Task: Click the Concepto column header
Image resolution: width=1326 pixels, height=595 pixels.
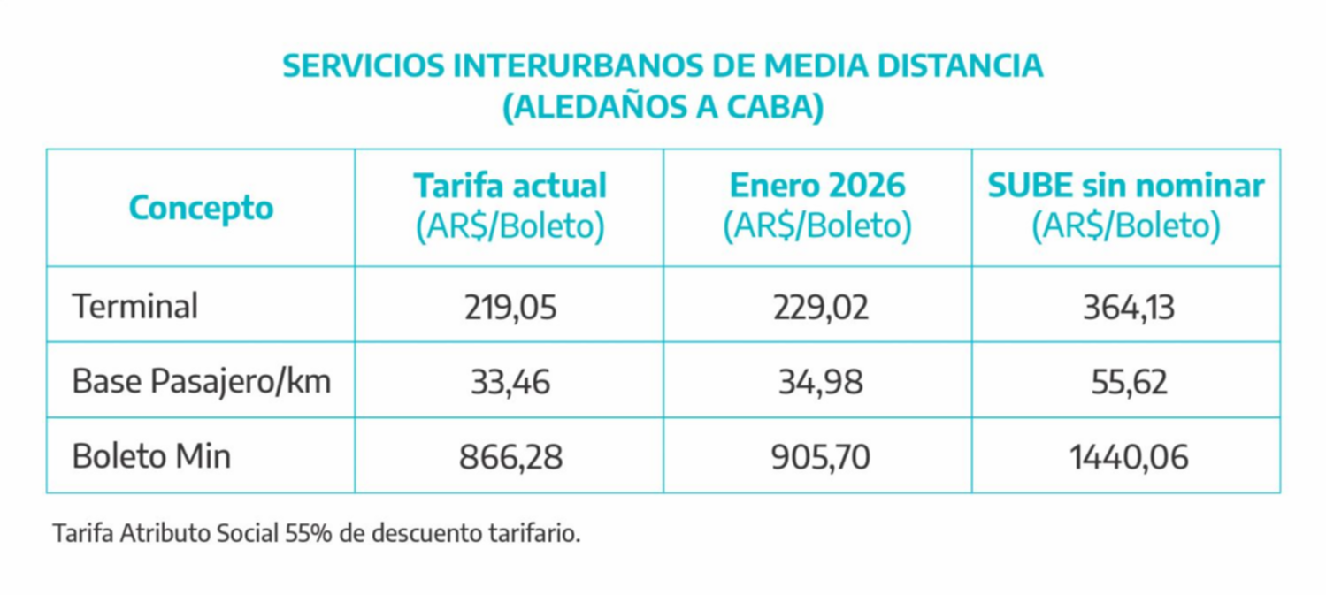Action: [x=201, y=208]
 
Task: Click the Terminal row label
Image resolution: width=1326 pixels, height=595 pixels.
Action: [x=135, y=307]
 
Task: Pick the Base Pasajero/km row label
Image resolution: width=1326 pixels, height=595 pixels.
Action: [x=202, y=382]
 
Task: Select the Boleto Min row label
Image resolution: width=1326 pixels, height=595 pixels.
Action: [x=151, y=457]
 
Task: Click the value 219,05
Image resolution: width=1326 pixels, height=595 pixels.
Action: [x=510, y=307]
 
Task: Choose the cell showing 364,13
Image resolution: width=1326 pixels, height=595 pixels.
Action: [x=1126, y=307]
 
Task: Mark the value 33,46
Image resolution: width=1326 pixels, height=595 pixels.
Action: [x=510, y=382]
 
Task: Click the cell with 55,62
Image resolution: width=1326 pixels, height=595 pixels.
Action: [x=1126, y=382]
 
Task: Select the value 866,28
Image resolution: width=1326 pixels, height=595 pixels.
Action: [x=510, y=457]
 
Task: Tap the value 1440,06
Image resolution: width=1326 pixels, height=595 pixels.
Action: [x=1126, y=457]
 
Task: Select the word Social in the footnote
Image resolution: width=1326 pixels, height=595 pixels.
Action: [x=250, y=534]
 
